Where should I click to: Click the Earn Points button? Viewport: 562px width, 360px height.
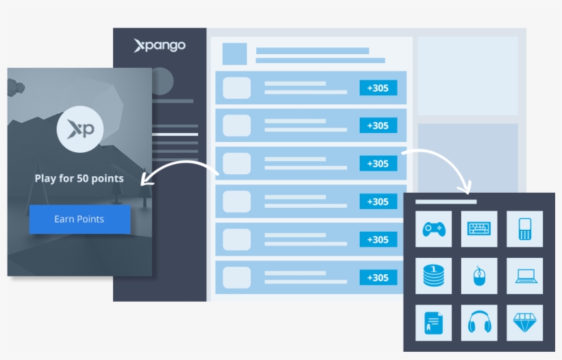coord(80,219)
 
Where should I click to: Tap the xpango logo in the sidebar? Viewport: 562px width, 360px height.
coord(160,46)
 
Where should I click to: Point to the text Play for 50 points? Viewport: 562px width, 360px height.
coord(80,178)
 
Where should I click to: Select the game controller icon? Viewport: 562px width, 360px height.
coord(433,229)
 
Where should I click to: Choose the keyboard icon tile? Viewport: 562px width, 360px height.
coord(479,229)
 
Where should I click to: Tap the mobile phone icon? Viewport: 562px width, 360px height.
coord(525,229)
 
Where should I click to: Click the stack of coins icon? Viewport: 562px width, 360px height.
coord(433,276)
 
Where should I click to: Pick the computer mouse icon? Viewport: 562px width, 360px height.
coord(479,276)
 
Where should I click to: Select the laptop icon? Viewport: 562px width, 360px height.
coord(525,276)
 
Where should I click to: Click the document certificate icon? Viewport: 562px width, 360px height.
coord(433,322)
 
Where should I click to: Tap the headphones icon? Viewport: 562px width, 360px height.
coord(479,322)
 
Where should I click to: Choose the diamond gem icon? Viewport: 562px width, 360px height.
coord(525,322)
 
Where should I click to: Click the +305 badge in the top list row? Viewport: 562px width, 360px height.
coord(378,88)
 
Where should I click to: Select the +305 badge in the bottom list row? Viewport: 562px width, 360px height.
coord(378,278)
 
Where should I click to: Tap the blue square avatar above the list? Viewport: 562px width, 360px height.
coord(234,53)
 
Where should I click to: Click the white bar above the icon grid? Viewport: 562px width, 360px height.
coord(445,202)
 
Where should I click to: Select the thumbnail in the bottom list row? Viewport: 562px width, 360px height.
coord(237,278)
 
